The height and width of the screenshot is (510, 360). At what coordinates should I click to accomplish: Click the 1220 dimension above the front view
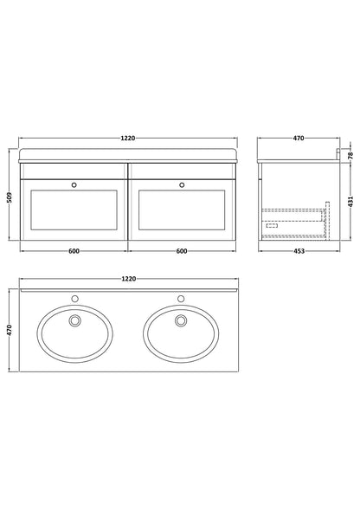[x=128, y=139]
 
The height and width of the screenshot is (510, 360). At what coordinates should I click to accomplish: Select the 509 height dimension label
[x=10, y=197]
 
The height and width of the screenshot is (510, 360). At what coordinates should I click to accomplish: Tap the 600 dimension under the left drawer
[x=74, y=251]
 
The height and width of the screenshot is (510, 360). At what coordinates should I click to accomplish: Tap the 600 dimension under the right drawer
[x=182, y=251]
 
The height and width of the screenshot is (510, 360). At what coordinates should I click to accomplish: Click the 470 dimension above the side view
[x=299, y=139]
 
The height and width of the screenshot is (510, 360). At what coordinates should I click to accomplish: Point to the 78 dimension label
[x=350, y=155]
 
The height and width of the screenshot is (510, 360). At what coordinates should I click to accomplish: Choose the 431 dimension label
[x=350, y=202]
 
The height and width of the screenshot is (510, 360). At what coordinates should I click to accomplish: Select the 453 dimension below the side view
[x=299, y=251]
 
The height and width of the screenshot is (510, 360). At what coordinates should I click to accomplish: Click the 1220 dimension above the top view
[x=129, y=279]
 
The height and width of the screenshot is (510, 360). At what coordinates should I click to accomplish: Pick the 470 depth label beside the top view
[x=10, y=330]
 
